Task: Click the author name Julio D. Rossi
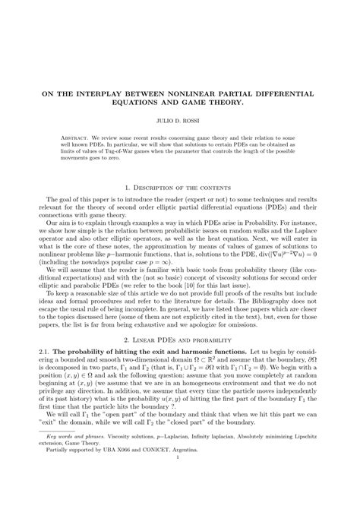point(179,119)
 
